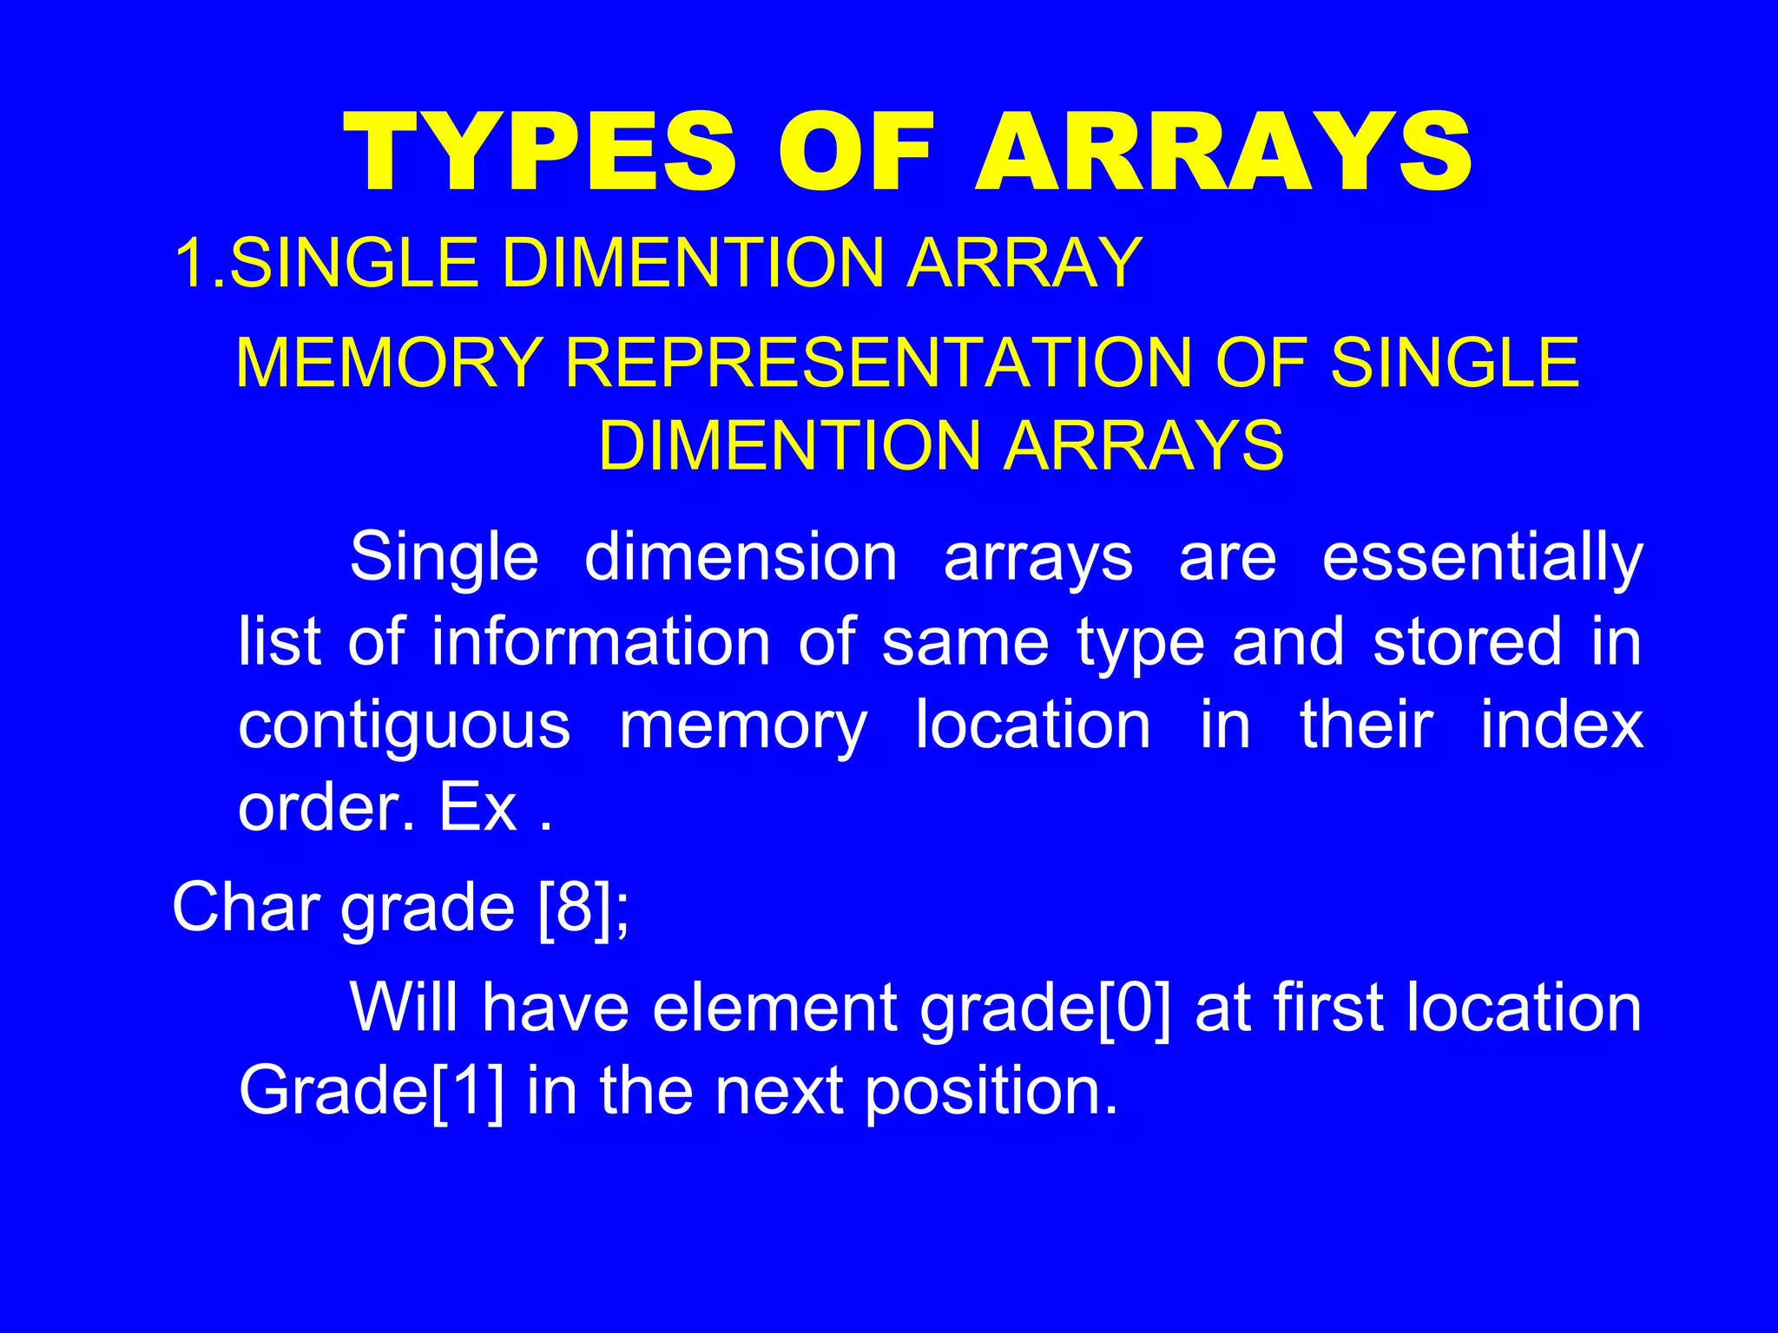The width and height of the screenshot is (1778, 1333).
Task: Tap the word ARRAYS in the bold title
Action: pos(1223,154)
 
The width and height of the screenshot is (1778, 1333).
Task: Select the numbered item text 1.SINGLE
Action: pos(326,263)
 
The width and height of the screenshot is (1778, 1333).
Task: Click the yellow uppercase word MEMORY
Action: pos(389,363)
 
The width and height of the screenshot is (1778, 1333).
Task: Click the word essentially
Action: pos(1482,558)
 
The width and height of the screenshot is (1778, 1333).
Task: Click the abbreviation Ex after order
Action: pos(478,808)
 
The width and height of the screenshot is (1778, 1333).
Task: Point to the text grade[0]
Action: pos(1045,1008)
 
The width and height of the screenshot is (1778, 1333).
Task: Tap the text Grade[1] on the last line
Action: pos(371,1092)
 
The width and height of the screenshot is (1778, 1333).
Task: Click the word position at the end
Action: pos(991,1092)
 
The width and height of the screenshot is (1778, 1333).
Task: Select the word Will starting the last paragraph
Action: pos(403,1008)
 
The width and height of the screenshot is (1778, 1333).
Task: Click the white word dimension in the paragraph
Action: pos(741,558)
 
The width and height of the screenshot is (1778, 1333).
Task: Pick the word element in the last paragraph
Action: pos(774,1008)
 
